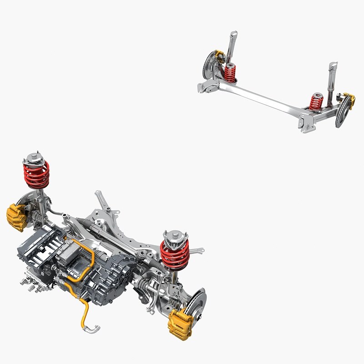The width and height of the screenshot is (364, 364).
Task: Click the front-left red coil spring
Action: [36, 175]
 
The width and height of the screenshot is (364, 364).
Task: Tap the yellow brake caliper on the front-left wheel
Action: [16, 217]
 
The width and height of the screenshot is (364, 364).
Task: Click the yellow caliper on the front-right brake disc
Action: [180, 324]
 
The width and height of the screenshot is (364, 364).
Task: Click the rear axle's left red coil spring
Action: [230, 73]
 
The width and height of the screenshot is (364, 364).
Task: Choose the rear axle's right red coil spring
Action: [316, 102]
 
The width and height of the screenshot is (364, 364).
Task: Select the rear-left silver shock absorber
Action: [232, 45]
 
